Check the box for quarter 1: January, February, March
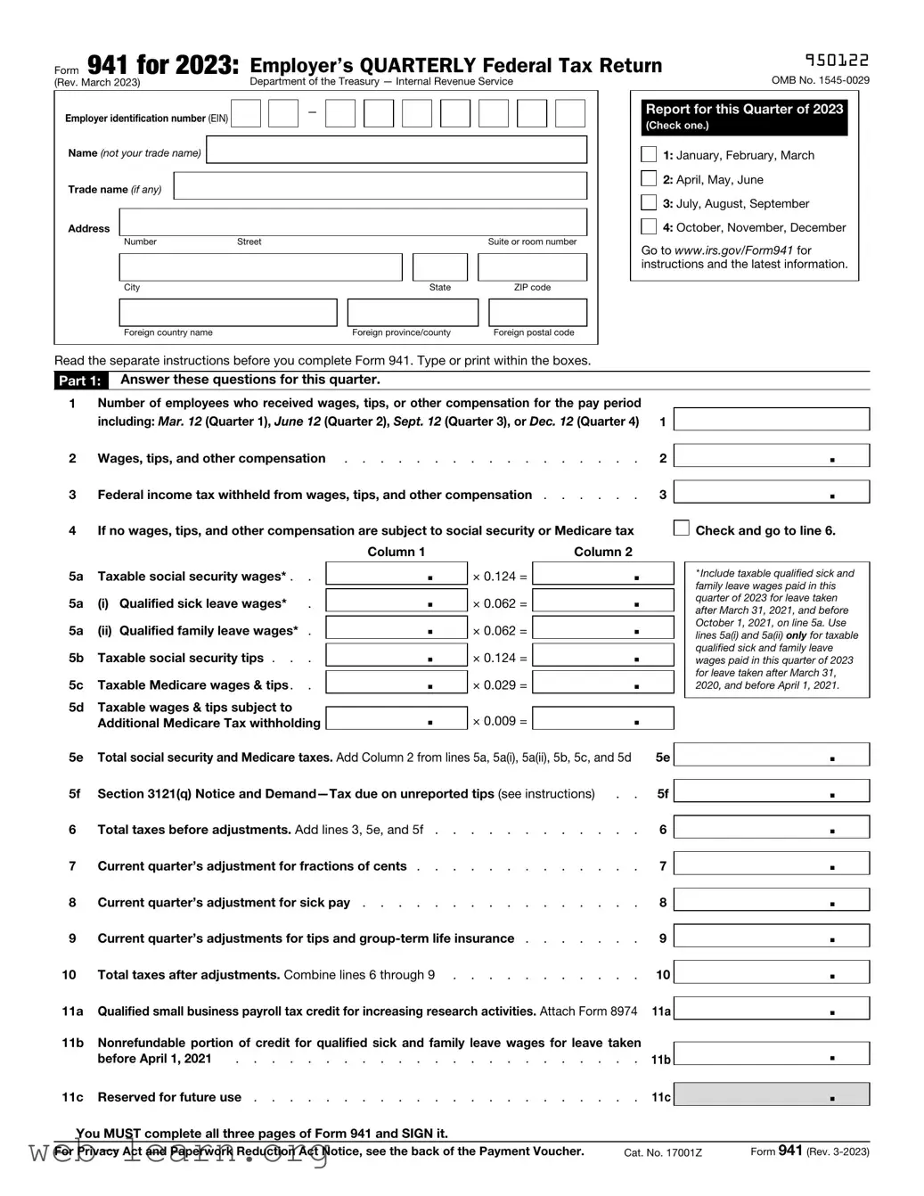(649, 154)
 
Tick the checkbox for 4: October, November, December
(649, 226)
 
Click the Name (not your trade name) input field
(397, 150)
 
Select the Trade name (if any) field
(380, 186)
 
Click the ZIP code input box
(532, 267)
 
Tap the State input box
(440, 267)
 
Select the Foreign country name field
(228, 313)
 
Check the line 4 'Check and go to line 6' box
(682, 528)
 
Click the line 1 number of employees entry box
(772, 420)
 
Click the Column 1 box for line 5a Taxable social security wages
(397, 574)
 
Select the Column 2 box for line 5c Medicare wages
(603, 683)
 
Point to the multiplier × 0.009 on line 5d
(499, 721)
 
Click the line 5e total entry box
(772, 756)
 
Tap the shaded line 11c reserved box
(772, 1095)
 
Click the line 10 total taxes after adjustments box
(772, 973)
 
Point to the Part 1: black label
(80, 381)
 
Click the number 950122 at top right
(837, 60)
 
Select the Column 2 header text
(603, 552)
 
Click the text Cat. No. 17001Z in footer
(663, 1152)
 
